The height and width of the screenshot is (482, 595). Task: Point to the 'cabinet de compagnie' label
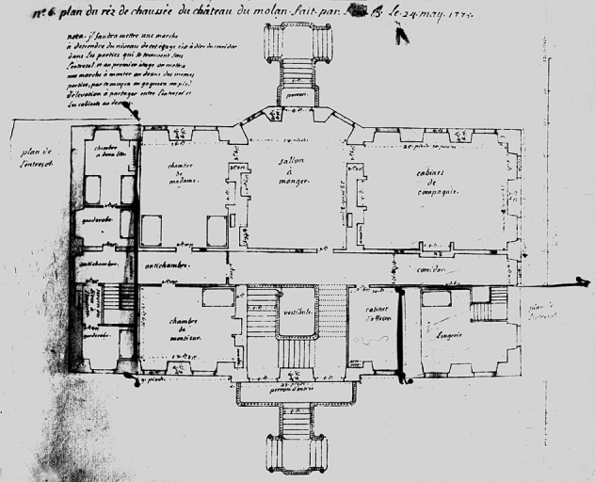point(434,180)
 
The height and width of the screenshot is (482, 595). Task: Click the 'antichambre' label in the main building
point(165,266)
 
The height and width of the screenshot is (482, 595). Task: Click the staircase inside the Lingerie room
point(488,307)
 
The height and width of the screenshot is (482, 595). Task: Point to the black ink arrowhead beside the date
point(402,36)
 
